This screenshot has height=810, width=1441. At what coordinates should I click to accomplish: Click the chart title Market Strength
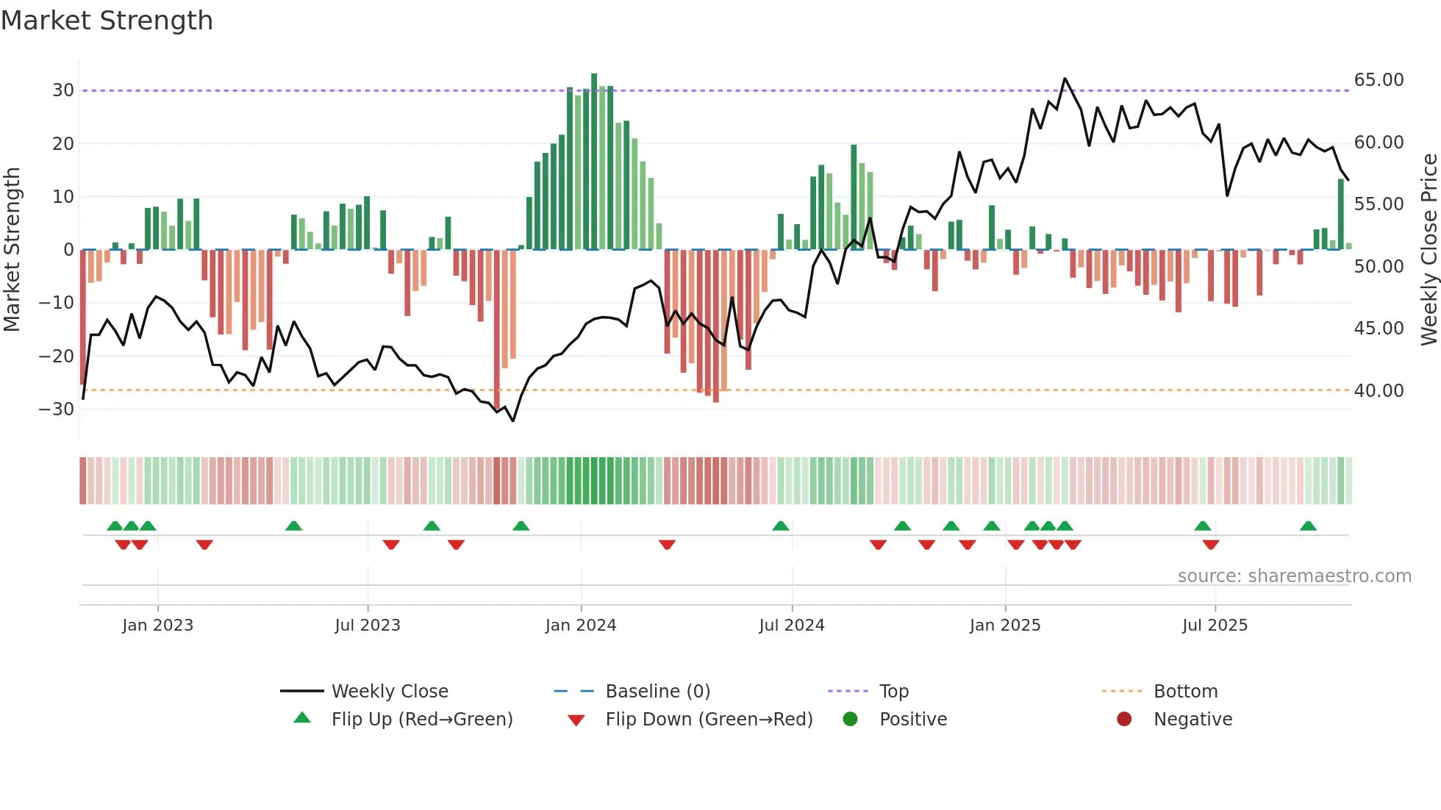[107, 21]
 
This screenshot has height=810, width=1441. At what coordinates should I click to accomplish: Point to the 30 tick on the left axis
[63, 90]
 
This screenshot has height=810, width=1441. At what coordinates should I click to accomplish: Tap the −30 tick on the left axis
[57, 409]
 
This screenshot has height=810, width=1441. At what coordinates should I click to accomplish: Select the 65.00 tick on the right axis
[1379, 79]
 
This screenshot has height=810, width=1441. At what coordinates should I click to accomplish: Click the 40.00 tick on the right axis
[1379, 390]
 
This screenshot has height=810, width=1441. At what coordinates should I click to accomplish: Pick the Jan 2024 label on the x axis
[580, 626]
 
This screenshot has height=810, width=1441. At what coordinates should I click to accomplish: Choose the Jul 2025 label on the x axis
[1215, 626]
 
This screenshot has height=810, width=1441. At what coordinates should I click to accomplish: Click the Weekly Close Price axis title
[1429, 249]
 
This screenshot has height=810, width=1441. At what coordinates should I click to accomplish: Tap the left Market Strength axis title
[12, 249]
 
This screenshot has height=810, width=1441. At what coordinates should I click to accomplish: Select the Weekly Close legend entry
[389, 692]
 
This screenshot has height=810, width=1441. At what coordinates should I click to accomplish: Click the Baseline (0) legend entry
[657, 692]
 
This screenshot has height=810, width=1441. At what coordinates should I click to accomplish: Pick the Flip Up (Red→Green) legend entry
[421, 720]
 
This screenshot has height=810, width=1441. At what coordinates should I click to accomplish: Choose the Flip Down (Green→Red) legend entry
[709, 720]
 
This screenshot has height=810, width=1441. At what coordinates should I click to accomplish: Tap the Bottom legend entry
[1185, 692]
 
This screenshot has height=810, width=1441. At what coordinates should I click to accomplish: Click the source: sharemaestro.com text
[1294, 576]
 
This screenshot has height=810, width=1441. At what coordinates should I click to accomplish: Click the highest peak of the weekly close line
[1065, 79]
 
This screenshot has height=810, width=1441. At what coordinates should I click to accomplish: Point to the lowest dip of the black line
[512, 420]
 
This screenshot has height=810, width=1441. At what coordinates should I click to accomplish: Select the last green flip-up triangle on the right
[1308, 526]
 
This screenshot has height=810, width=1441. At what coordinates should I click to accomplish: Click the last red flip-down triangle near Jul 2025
[1211, 545]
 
